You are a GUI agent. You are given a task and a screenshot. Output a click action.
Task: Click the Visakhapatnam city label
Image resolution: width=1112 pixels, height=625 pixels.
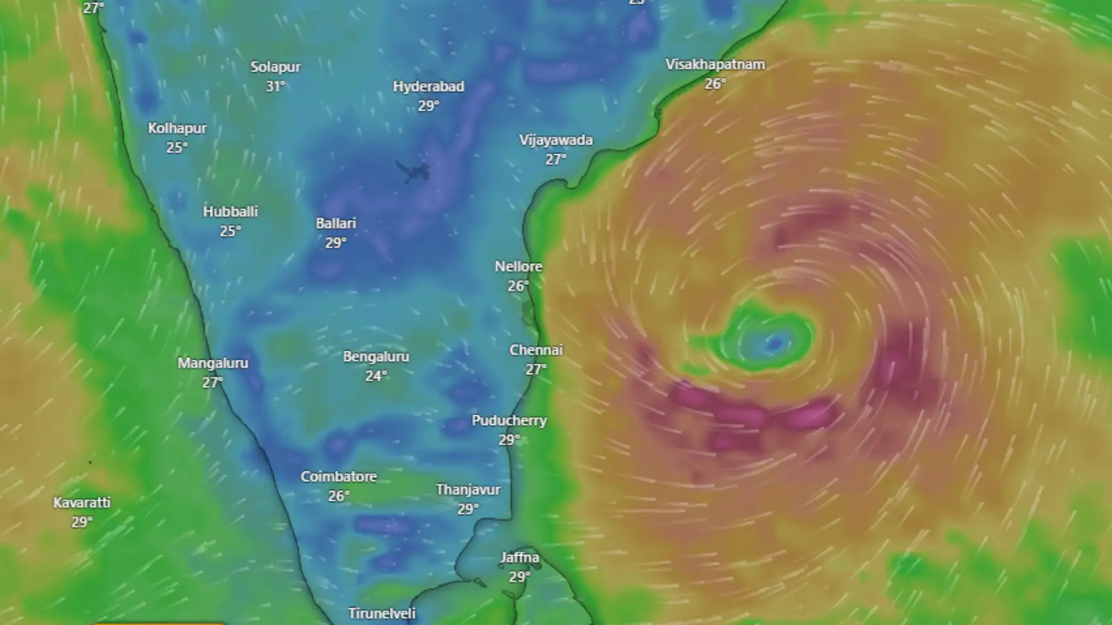(715, 65)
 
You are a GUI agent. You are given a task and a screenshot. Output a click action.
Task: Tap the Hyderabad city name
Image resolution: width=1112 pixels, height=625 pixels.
(428, 87)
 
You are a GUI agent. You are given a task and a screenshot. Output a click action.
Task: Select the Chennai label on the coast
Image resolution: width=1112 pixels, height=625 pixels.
(536, 350)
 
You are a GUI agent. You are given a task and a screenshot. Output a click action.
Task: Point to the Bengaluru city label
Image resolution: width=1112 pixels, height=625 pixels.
(376, 357)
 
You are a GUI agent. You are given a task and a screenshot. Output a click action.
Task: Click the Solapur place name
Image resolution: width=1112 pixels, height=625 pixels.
(275, 67)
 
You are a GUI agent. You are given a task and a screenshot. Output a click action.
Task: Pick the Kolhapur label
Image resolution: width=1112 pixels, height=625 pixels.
(177, 128)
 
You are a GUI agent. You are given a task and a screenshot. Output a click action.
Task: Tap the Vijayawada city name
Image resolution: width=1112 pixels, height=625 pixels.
(556, 140)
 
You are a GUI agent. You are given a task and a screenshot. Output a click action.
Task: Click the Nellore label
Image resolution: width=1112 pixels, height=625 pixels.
(518, 267)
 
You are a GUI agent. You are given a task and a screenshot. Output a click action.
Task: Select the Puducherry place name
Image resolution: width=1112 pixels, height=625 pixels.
(509, 421)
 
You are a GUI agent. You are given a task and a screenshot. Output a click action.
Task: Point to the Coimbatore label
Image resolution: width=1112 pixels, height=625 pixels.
(338, 477)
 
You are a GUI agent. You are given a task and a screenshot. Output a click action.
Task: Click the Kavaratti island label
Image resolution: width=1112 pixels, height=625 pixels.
(82, 503)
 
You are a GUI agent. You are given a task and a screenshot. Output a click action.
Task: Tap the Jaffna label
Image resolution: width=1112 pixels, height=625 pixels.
(519, 558)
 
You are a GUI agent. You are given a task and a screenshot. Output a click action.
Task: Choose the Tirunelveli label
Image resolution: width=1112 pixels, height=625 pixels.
(382, 614)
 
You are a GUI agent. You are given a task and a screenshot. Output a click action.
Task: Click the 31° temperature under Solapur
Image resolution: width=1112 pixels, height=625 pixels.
(275, 87)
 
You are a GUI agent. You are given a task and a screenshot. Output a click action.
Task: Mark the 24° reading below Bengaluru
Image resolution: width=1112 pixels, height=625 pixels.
(376, 376)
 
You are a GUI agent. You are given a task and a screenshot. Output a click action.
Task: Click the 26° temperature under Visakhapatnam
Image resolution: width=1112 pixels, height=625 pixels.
(715, 84)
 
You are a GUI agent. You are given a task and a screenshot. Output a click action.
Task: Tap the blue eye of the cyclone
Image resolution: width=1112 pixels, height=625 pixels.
(774, 342)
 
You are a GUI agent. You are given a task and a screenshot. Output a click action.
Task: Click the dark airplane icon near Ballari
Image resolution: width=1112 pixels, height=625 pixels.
(414, 170)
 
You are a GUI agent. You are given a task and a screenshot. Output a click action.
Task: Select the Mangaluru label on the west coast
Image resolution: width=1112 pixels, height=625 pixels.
(213, 363)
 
